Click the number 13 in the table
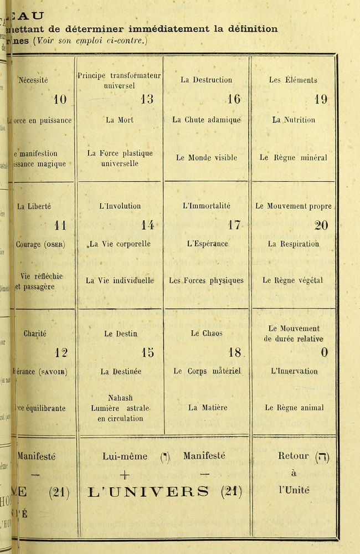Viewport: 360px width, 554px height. pyautogui.click(x=146, y=100)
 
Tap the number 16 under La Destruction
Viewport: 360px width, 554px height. pyautogui.click(x=233, y=100)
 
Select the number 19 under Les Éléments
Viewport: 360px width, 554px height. pyautogui.click(x=320, y=100)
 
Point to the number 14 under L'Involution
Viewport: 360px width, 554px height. pyautogui.click(x=147, y=225)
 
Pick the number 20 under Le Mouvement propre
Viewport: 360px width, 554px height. pyautogui.click(x=321, y=225)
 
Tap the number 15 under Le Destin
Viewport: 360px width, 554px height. pyautogui.click(x=147, y=352)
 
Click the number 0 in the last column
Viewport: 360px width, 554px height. pyautogui.click(x=324, y=352)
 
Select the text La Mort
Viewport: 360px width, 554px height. pyautogui.click(x=120, y=119)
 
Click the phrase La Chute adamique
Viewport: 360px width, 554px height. pyautogui.click(x=206, y=119)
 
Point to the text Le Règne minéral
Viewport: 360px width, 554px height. pyautogui.click(x=293, y=158)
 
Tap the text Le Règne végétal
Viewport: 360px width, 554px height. pyautogui.click(x=293, y=281)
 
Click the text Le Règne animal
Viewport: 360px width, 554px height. pyautogui.click(x=293, y=408)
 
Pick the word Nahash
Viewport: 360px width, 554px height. pyautogui.click(x=120, y=398)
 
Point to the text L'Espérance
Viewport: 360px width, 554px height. pyautogui.click(x=206, y=244)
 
